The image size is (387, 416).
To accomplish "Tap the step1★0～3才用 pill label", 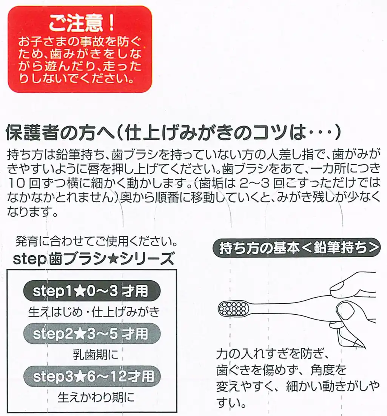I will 92,291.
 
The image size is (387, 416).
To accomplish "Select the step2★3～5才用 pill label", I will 92,334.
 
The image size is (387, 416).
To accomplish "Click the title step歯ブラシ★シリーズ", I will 94,260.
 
